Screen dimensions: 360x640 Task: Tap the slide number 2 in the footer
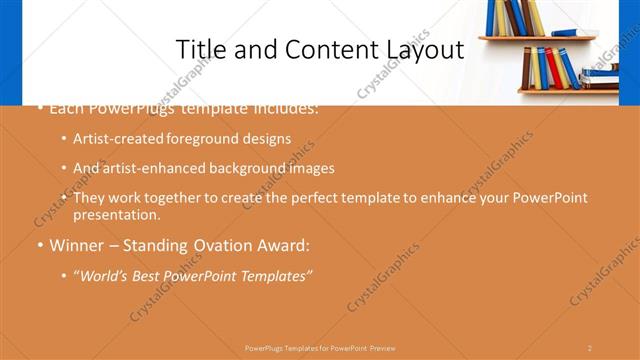coord(589,348)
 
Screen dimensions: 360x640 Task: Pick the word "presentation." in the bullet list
coord(117,214)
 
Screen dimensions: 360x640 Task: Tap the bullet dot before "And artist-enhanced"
coord(64,169)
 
